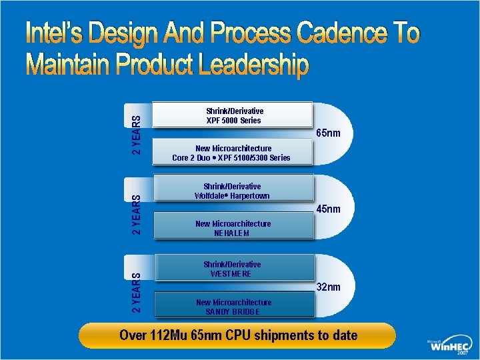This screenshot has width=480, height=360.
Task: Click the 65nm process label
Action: click(x=328, y=133)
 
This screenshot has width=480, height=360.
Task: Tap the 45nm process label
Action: click(x=328, y=209)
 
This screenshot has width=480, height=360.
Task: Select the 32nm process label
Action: click(x=328, y=287)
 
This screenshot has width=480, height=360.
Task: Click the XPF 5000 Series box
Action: click(x=233, y=115)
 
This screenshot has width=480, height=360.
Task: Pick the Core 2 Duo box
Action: click(x=232, y=153)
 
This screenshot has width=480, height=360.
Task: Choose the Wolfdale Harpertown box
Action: click(x=233, y=191)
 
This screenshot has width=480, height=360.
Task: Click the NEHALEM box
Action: click(x=233, y=228)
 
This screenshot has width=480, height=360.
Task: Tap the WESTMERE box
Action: click(x=233, y=269)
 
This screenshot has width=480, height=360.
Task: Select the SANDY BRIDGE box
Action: click(x=233, y=307)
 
